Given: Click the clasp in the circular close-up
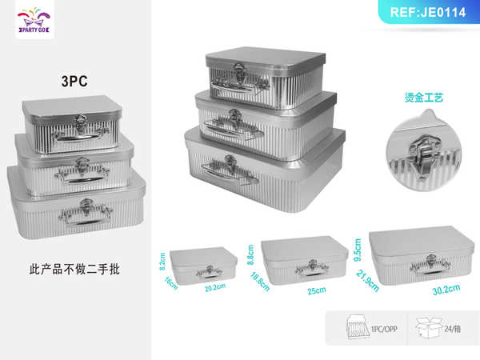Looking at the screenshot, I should point(420,146).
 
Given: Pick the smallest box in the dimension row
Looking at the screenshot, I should point(203,264).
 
